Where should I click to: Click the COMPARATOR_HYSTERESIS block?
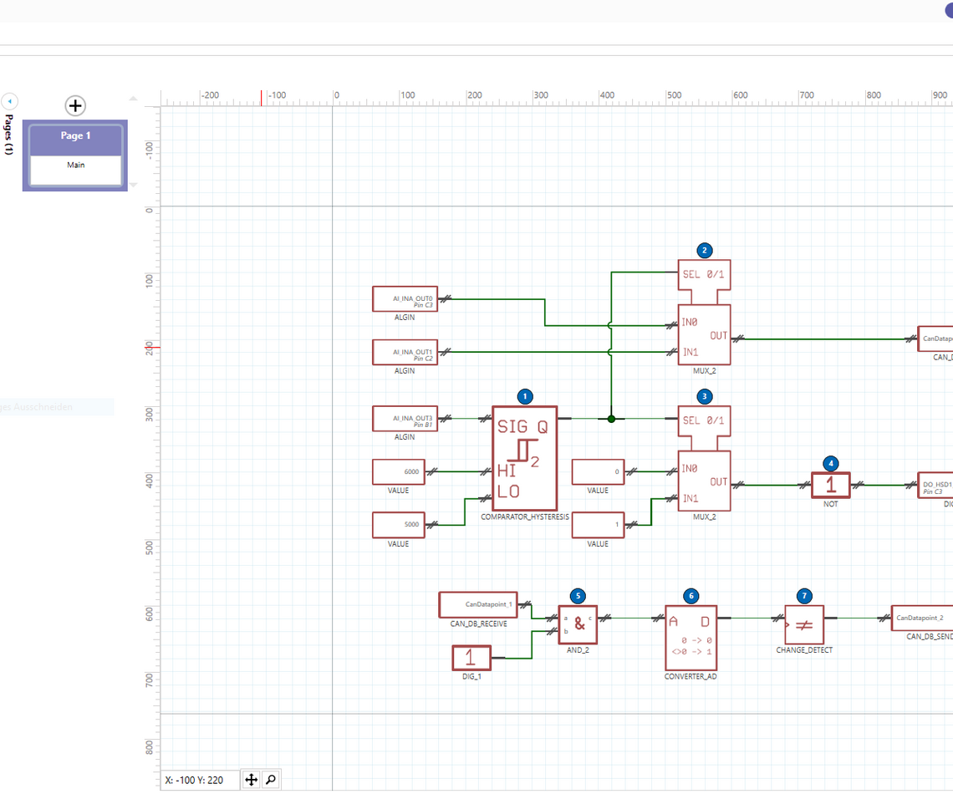tap(524, 458)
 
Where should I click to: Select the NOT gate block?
tap(830, 485)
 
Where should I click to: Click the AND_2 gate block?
tap(578, 623)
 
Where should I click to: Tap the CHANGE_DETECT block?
tap(804, 624)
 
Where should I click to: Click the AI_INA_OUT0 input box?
tap(405, 299)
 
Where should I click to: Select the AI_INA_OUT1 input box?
tap(405, 352)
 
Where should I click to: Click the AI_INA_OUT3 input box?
tap(405, 419)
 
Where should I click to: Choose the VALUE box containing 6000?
tap(399, 472)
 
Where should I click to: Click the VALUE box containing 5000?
tap(399, 525)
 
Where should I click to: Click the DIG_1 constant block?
tap(471, 658)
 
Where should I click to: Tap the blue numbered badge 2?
tap(704, 250)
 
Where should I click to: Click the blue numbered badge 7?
tap(804, 596)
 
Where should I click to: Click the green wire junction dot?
tap(611, 419)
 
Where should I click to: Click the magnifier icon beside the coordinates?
tap(271, 780)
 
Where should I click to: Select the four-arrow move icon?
tap(251, 780)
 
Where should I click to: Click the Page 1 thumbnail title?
tap(75, 135)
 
